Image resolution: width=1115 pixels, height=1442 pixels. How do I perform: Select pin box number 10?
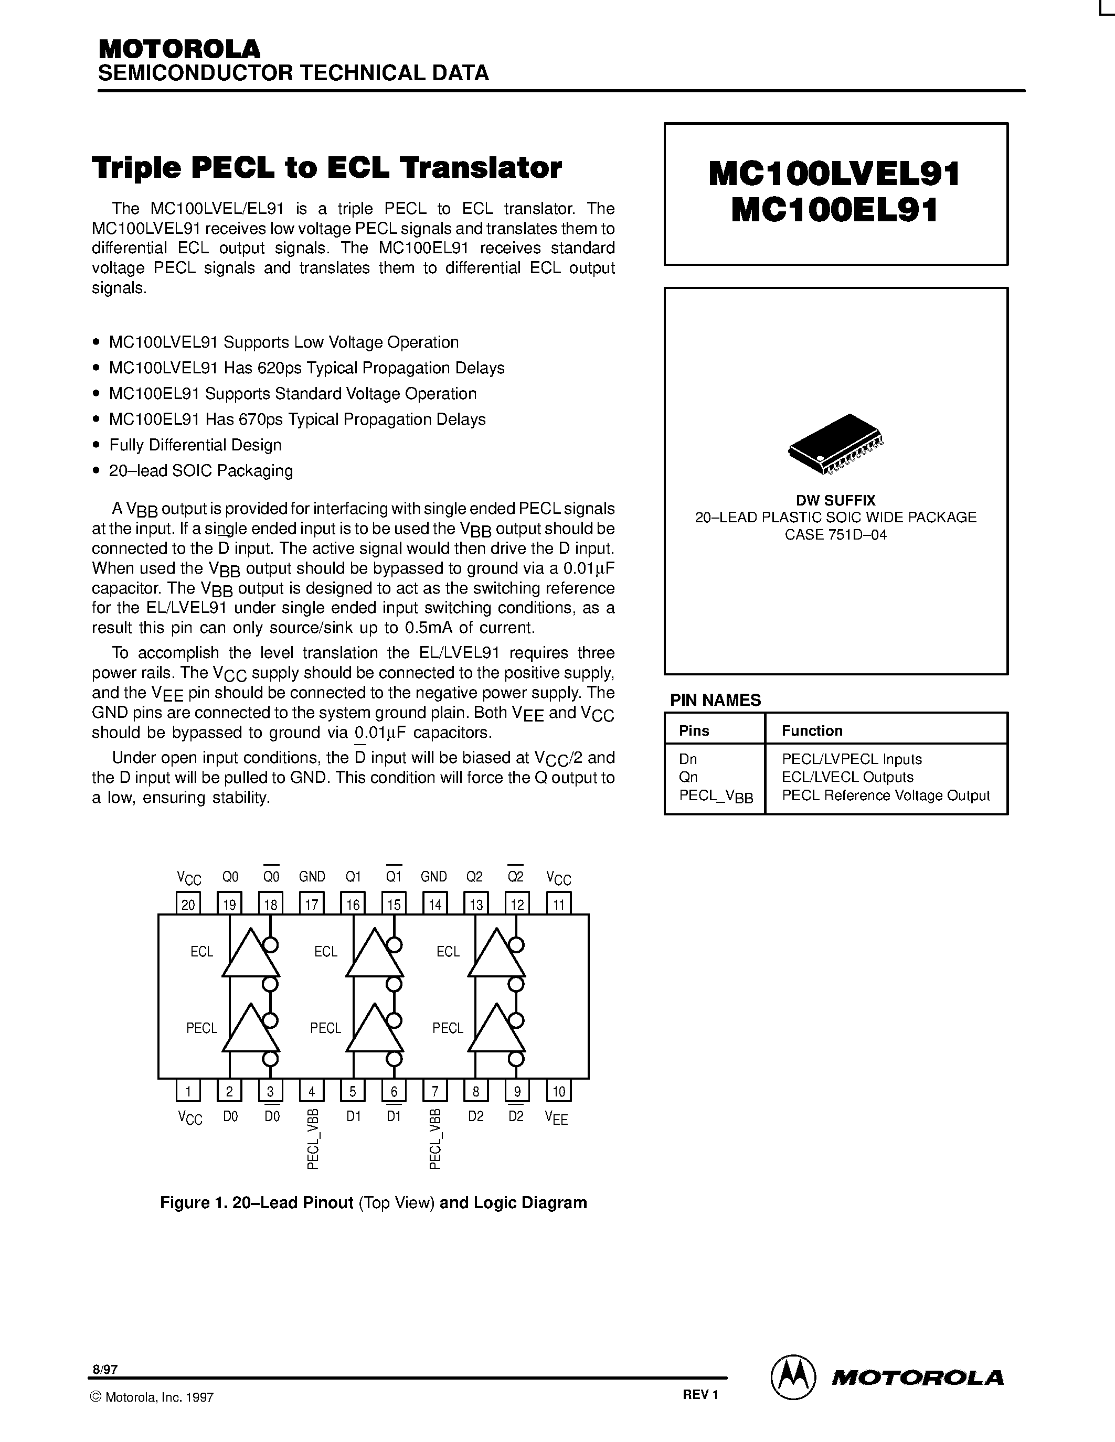(559, 1091)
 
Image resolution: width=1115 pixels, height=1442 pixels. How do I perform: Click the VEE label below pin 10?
(556, 1118)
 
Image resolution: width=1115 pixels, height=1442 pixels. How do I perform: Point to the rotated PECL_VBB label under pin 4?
(313, 1139)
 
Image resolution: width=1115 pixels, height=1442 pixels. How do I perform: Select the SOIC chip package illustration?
(835, 443)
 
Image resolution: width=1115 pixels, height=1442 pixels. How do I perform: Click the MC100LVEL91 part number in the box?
(834, 174)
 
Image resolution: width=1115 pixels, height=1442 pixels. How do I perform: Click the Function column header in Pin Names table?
(812, 730)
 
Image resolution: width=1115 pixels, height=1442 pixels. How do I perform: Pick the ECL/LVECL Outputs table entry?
(847, 777)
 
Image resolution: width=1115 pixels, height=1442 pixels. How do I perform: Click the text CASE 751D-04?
(835, 535)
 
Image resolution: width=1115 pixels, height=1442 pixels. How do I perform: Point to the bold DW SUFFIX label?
(835, 500)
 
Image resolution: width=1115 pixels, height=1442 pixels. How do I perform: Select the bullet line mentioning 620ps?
(306, 368)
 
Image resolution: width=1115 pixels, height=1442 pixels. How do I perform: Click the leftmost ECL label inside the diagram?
(201, 951)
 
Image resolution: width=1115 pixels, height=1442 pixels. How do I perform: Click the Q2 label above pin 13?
(474, 877)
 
